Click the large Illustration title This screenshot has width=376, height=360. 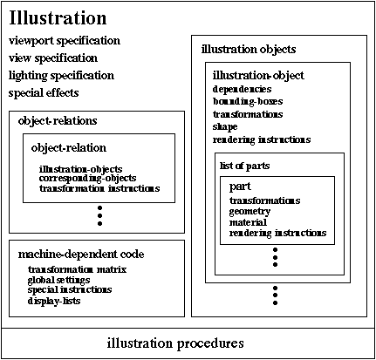coord(58,18)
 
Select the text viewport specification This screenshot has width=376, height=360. coord(65,41)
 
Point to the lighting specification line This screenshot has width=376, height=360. coord(61,76)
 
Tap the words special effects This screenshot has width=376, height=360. coord(44,93)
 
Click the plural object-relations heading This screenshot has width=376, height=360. coord(58,121)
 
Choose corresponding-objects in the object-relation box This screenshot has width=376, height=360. coord(87,178)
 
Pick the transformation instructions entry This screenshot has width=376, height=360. coord(99,188)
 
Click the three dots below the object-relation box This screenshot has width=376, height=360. coord(100,215)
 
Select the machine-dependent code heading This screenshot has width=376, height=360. coord(81,255)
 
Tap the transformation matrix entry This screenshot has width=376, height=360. coord(77,269)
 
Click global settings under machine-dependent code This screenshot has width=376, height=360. coord(59,281)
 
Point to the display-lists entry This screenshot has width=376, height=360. coord(54,301)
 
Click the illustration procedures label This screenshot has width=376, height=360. coord(175,343)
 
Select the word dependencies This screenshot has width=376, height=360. coord(242,89)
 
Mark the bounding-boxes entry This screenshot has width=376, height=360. coord(248,101)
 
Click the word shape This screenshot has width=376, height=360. coord(225,127)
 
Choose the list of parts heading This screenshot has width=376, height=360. coord(245,166)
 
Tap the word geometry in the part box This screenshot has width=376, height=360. coord(250,212)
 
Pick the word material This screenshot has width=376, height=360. coord(248,222)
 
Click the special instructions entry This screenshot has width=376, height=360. coord(70,290)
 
